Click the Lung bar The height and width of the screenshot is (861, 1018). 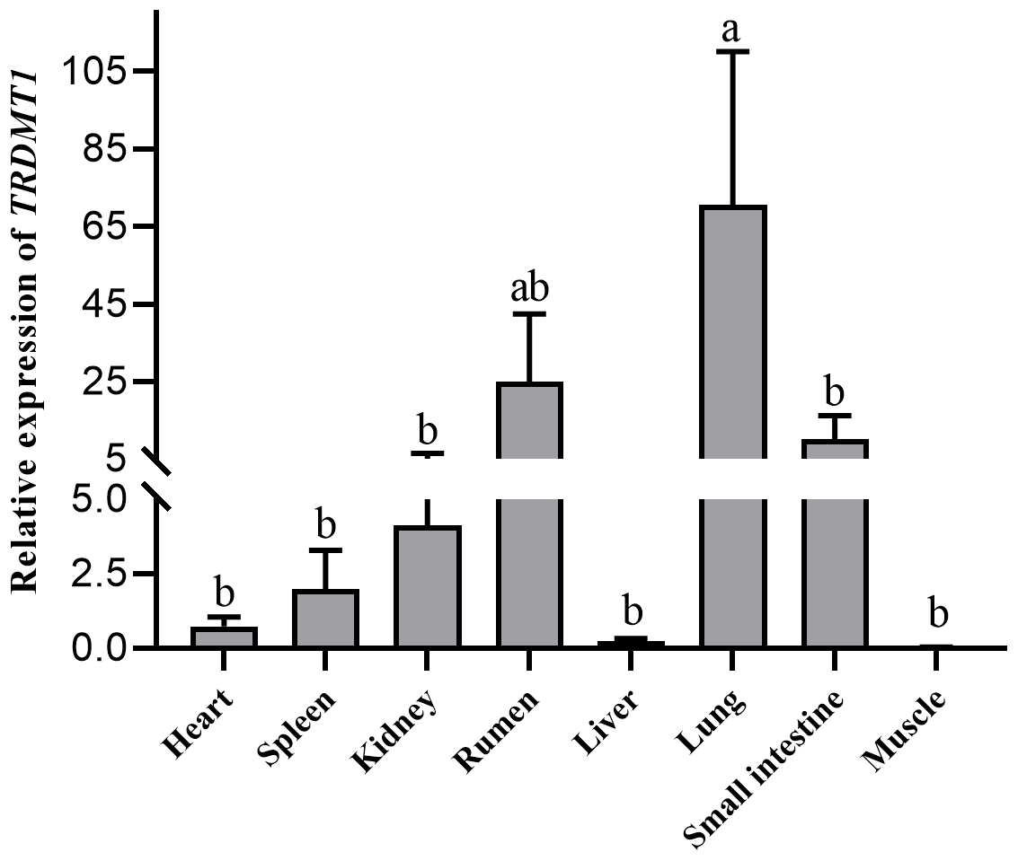click(x=732, y=422)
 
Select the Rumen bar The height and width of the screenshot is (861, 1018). click(x=529, y=512)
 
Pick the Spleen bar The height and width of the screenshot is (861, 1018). click(x=325, y=619)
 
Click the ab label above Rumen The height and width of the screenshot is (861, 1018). click(x=529, y=289)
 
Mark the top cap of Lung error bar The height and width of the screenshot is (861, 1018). click(x=732, y=52)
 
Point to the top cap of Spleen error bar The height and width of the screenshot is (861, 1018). click(x=325, y=550)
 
